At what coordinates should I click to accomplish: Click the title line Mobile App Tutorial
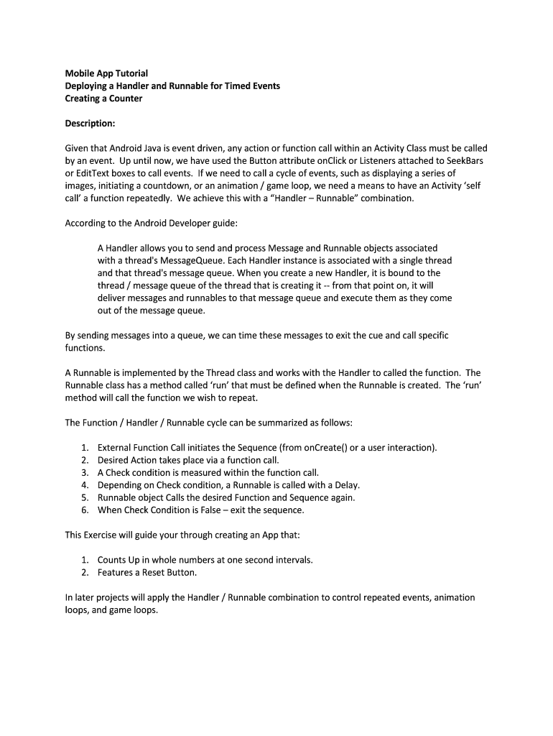[106, 73]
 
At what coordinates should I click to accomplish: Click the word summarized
[279, 422]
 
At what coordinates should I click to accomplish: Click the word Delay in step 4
[345, 485]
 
